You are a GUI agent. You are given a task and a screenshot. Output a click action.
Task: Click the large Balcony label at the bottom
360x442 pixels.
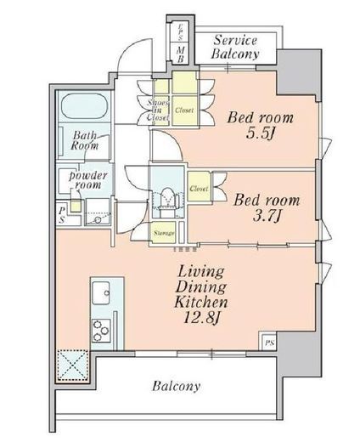coord(176,386)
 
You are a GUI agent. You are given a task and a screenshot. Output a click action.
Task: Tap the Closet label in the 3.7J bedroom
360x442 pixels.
coord(199,188)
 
